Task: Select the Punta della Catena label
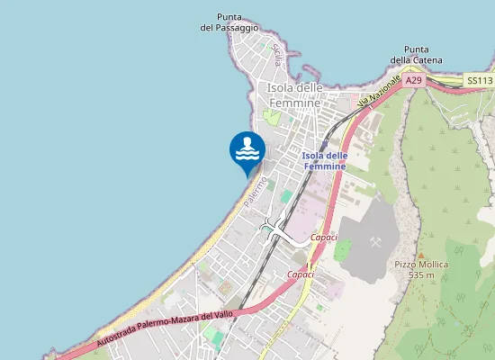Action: pyautogui.click(x=416, y=54)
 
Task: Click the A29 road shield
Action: pyautogui.click(x=413, y=81)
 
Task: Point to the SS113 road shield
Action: pyautogui.click(x=480, y=81)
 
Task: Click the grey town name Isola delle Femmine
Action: pyautogui.click(x=293, y=95)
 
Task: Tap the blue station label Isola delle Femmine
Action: pyautogui.click(x=324, y=161)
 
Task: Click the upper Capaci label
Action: pyautogui.click(x=323, y=237)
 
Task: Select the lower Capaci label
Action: pyautogui.click(x=300, y=274)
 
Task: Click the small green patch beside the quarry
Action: pyautogui.click(x=342, y=249)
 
